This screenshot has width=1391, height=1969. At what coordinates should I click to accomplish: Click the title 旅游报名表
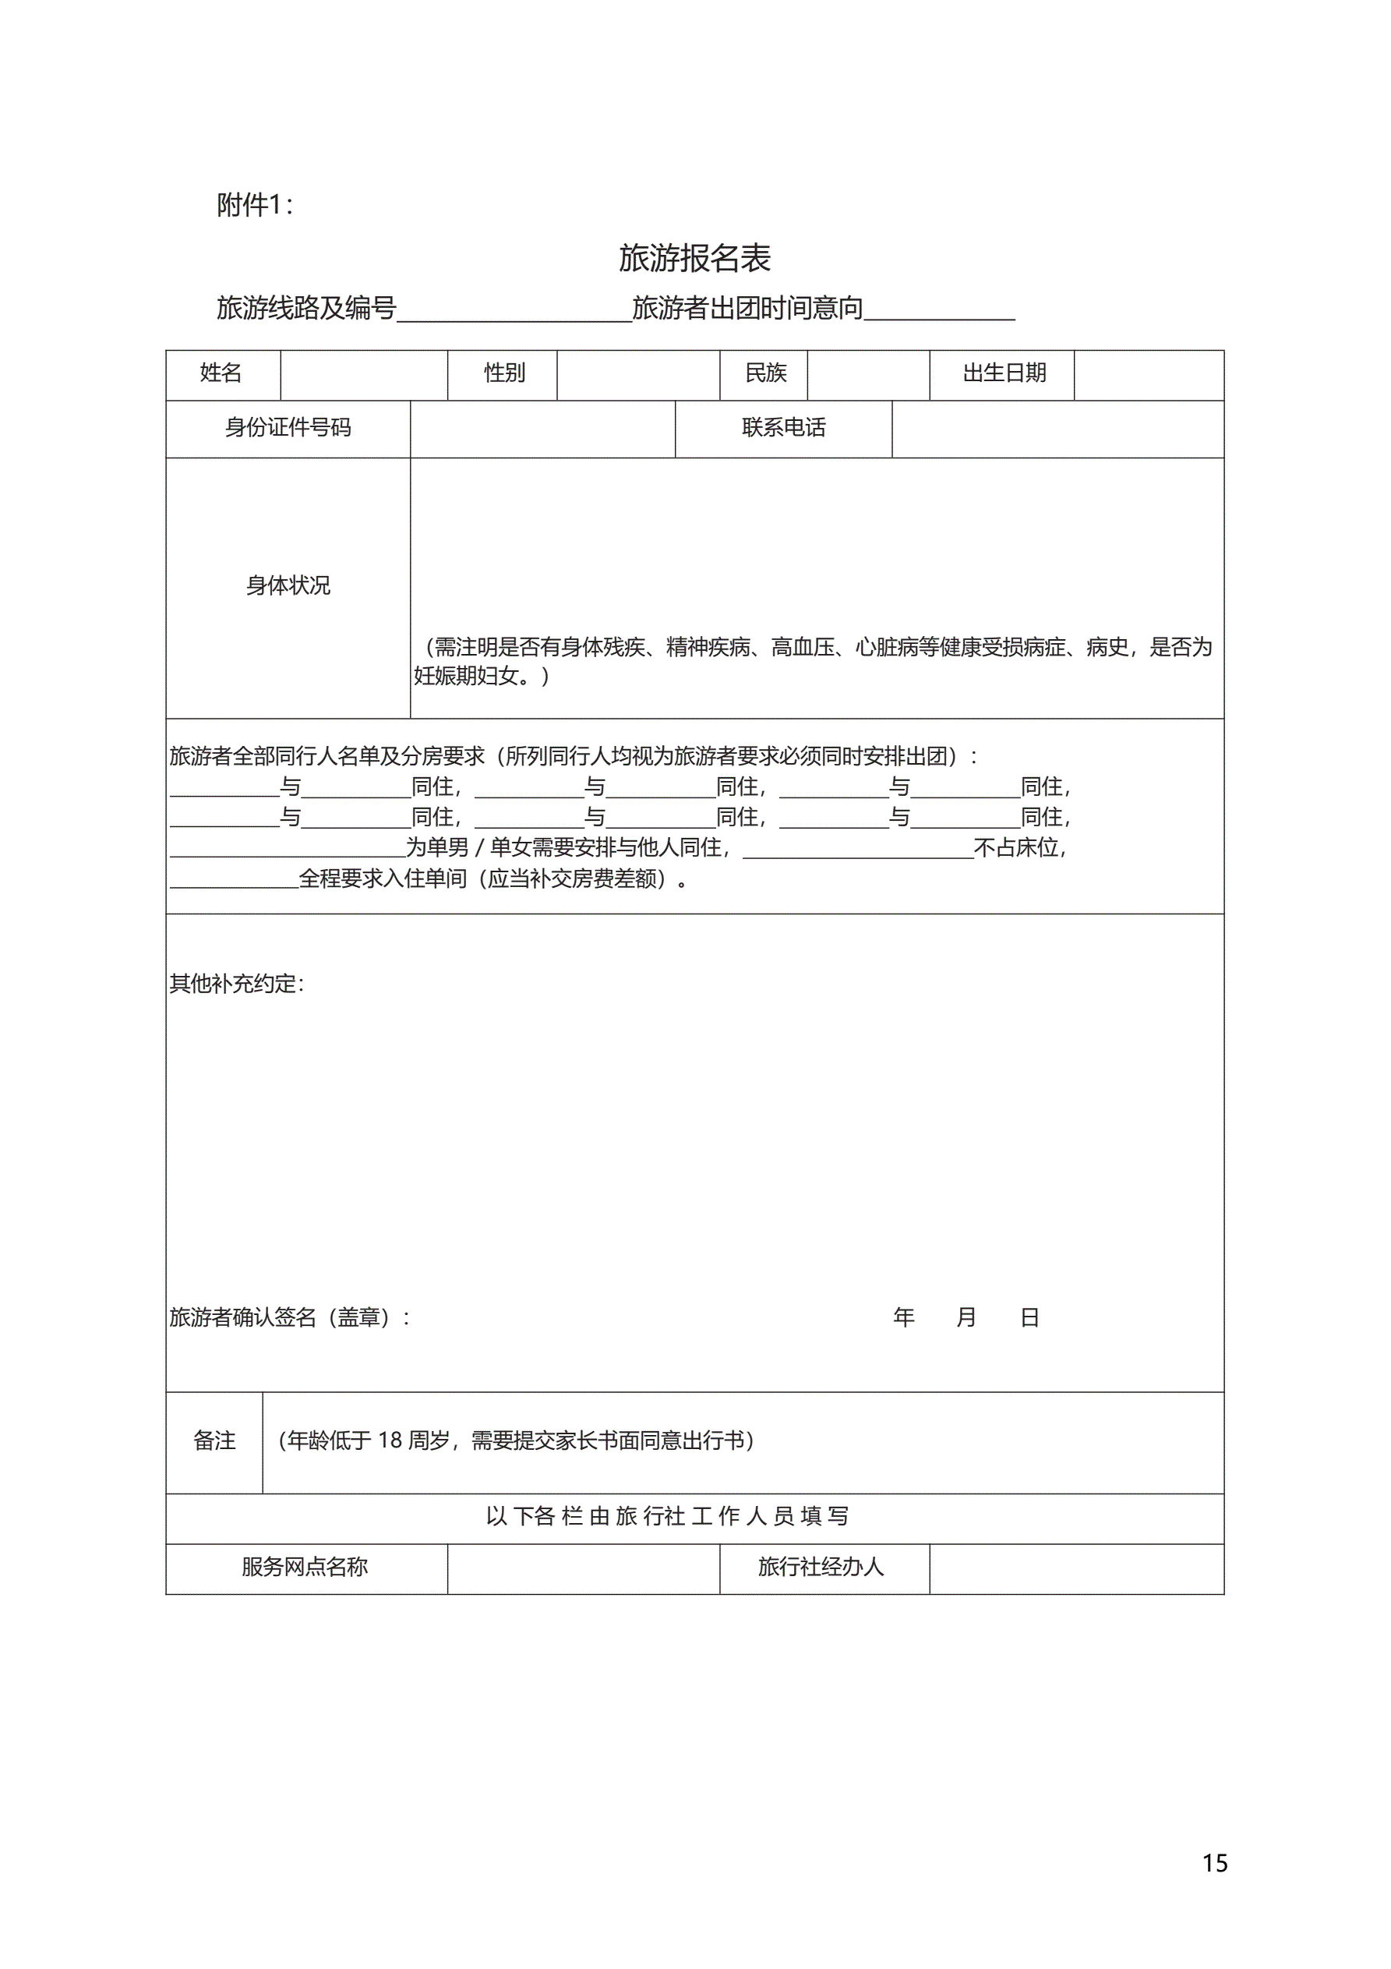click(x=694, y=258)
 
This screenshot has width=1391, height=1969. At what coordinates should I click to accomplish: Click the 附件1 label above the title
click(x=254, y=205)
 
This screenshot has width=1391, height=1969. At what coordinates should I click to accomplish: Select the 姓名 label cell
click(x=221, y=373)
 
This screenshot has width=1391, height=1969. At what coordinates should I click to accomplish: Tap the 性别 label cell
click(x=504, y=373)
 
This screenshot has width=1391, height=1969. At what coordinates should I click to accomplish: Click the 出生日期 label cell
click(x=1004, y=373)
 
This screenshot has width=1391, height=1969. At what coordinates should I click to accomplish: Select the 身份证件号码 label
click(x=288, y=428)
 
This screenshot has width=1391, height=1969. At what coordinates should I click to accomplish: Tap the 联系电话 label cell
click(x=784, y=428)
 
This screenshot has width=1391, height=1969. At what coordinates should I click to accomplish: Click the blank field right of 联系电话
click(x=1057, y=429)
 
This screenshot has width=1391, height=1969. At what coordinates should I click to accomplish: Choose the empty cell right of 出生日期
click(x=1149, y=375)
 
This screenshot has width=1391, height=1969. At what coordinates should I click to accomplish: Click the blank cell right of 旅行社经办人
click(x=1076, y=1568)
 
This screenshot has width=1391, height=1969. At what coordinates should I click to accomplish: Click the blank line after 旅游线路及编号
click(x=514, y=310)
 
